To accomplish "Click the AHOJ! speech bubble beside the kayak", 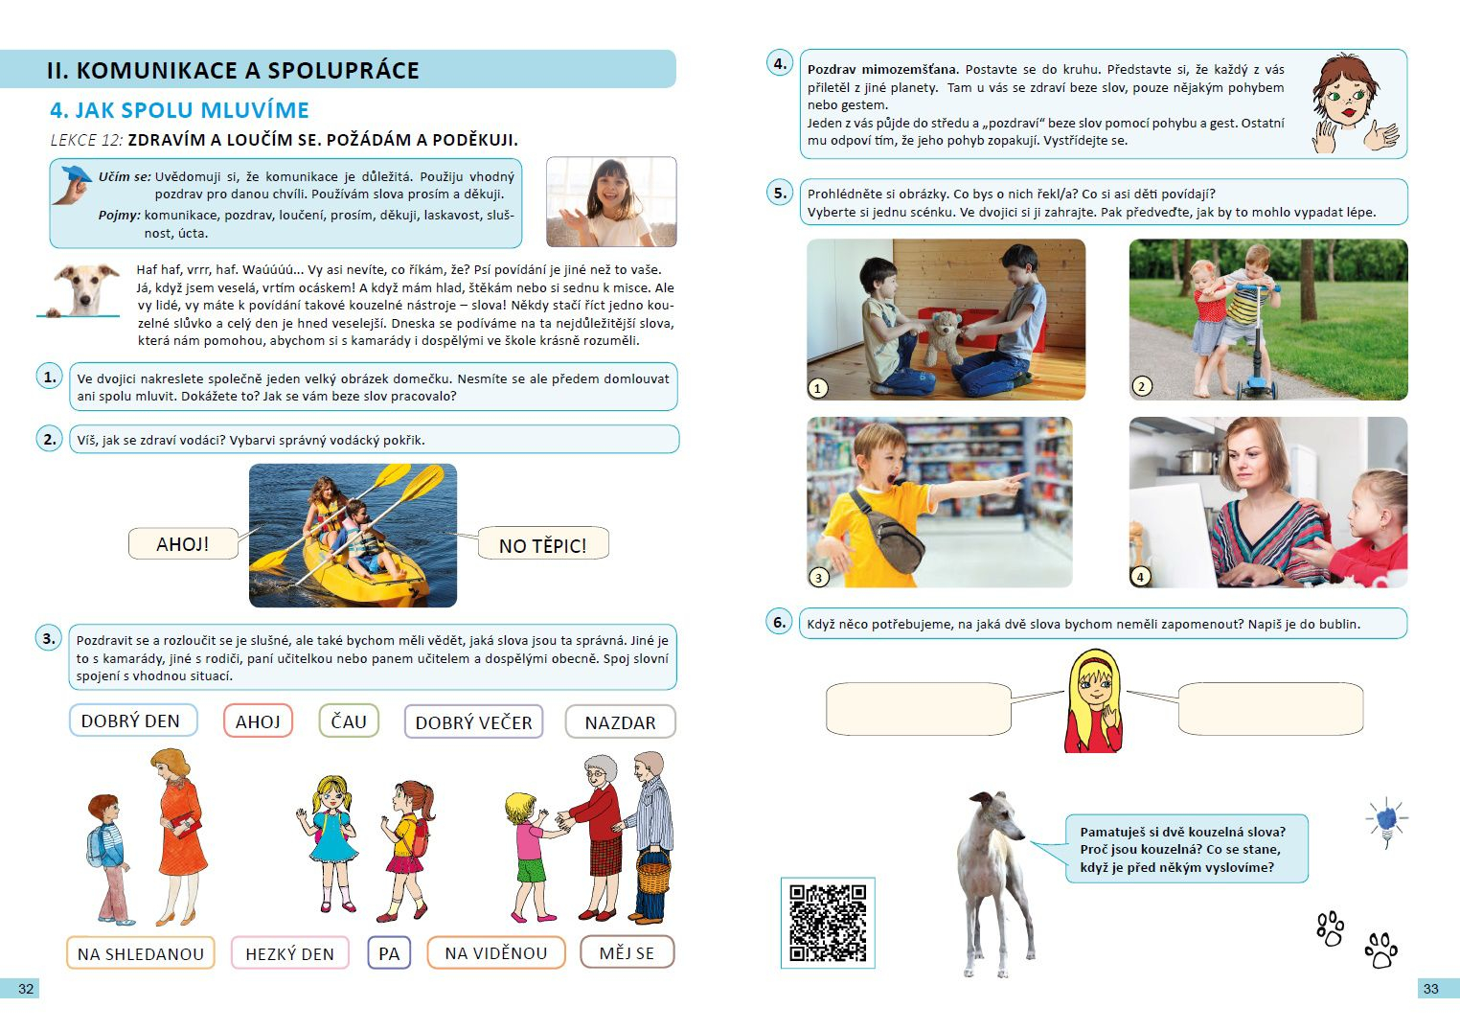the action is tap(183, 543).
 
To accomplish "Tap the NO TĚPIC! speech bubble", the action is tap(543, 543).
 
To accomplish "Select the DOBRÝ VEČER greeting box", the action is tap(474, 721).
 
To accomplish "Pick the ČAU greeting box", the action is tap(349, 721).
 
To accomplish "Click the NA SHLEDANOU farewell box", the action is tap(141, 953).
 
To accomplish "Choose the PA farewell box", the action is tap(389, 953).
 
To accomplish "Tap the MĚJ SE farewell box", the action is tap(627, 952).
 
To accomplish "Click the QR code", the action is tap(828, 923).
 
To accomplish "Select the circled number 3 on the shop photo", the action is tap(819, 577).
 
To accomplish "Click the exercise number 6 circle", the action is tap(779, 622).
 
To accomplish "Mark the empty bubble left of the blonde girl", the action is tap(919, 709).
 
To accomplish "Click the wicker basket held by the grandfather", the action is tap(653, 870).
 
